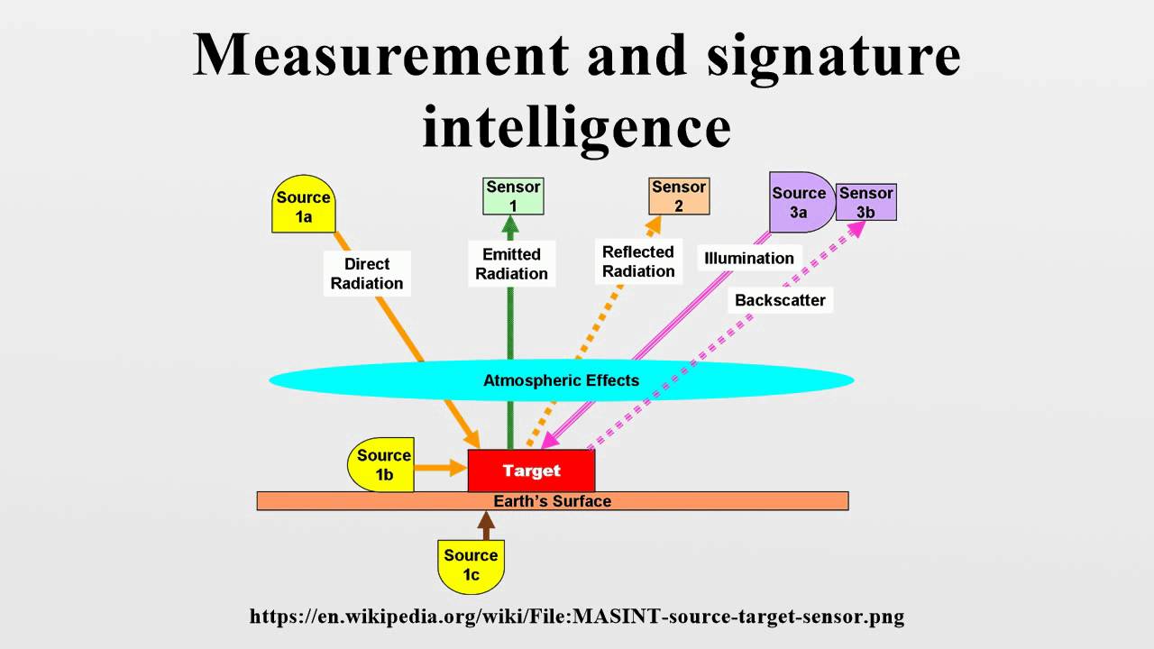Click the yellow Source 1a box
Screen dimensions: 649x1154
pos(303,206)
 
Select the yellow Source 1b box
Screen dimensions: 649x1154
pos(382,465)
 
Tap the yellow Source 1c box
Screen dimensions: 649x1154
pos(471,565)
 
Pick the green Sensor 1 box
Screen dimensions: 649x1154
pos(513,196)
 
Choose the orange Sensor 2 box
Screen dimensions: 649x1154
pos(679,196)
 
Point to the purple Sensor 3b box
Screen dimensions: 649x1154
pos(866,202)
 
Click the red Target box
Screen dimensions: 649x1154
pos(531,471)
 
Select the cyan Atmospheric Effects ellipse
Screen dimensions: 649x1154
pos(561,380)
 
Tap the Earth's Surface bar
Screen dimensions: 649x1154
pos(552,501)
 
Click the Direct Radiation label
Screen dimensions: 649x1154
pos(367,273)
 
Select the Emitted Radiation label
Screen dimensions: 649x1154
pos(511,263)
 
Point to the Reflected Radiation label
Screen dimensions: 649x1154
pos(638,261)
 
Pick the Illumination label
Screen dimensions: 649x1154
pos(749,258)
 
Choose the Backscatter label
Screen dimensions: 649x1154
pos(780,300)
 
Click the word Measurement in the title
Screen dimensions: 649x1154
pos(381,56)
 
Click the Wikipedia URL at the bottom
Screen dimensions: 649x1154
pos(577,617)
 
